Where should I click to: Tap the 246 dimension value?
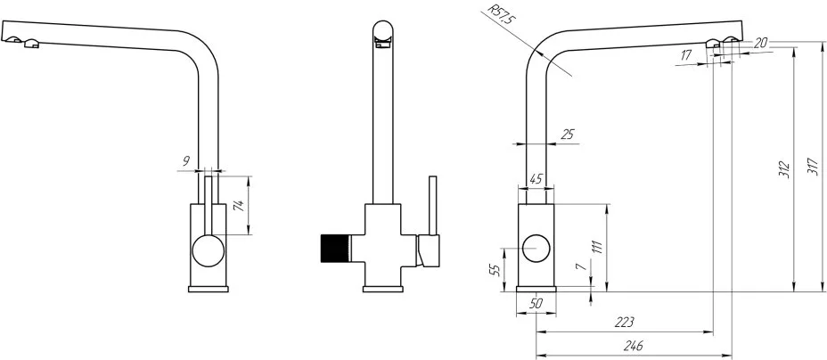633,346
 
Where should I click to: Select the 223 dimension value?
624,322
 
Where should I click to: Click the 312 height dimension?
785,168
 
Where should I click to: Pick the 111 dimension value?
597,246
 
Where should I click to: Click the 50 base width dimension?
536,303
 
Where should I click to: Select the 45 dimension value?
536,180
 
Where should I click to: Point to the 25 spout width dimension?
568,135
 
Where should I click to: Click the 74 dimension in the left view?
239,206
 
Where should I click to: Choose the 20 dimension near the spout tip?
760,44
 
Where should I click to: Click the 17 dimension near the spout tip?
686,54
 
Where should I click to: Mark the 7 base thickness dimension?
582,266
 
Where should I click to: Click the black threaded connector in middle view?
336,249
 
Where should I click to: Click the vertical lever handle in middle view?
433,206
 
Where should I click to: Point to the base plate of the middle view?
383,289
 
